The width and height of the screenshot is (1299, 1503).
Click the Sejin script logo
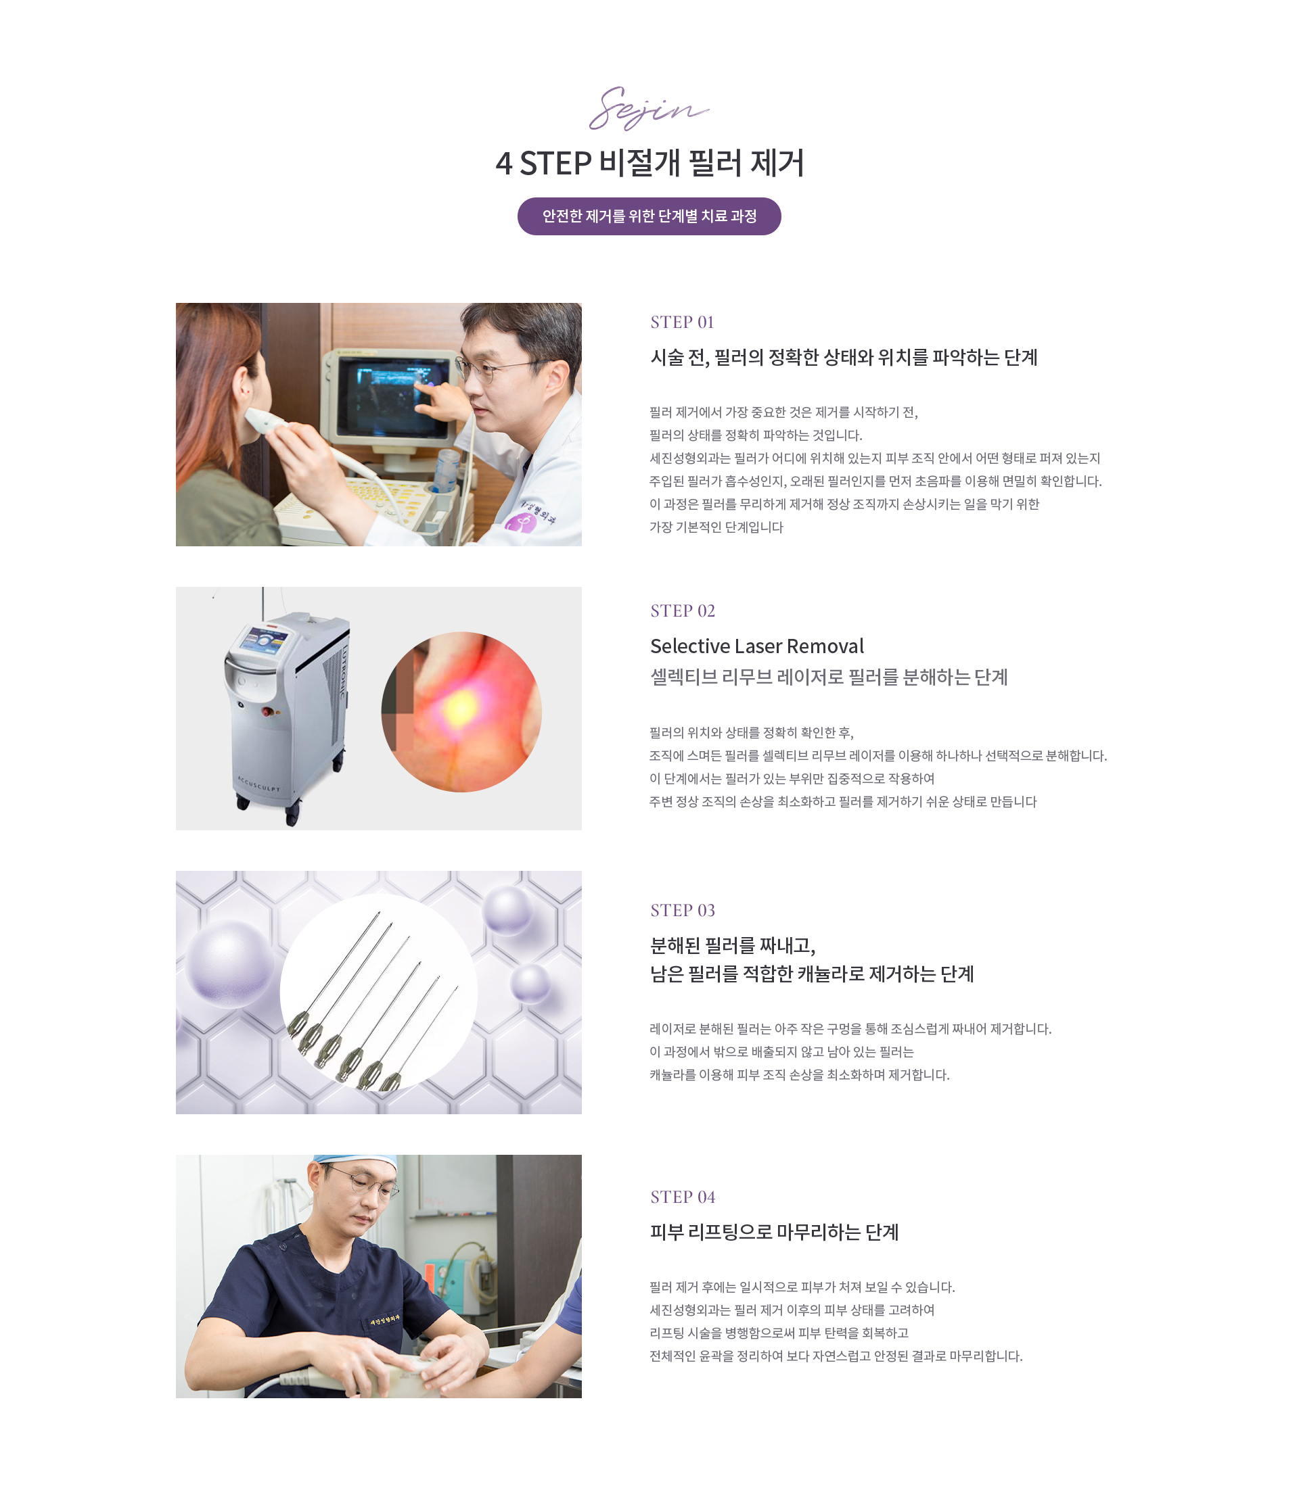pyautogui.click(x=648, y=109)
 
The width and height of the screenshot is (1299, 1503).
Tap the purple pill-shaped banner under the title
pyautogui.click(x=649, y=216)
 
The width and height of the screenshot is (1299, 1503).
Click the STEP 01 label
pyautogui.click(x=682, y=322)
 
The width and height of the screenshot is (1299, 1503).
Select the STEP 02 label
pyautogui.click(x=682, y=611)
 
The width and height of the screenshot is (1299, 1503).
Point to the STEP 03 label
pyautogui.click(x=682, y=910)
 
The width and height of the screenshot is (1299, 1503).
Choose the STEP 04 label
pyautogui.click(x=682, y=1197)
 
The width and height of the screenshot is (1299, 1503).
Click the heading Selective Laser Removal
pyautogui.click(x=757, y=646)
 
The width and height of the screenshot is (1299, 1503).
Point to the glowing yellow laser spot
pyautogui.click(x=460, y=707)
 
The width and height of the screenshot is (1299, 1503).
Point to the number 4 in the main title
pyautogui.click(x=503, y=164)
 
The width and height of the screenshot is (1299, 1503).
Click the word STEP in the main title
pyautogui.click(x=555, y=164)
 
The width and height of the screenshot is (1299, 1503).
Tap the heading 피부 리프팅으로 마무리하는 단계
pyautogui.click(x=774, y=1232)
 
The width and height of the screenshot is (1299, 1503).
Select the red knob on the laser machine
pyautogui.click(x=268, y=711)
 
